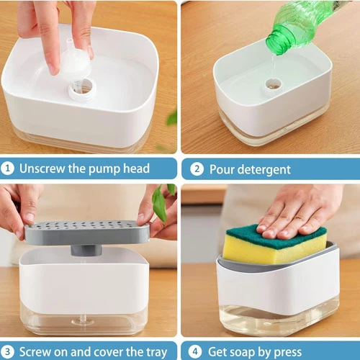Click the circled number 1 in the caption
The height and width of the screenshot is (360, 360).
click(x=7, y=168)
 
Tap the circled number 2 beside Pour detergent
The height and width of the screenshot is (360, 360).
click(x=197, y=169)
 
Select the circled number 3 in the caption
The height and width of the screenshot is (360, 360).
click(x=7, y=352)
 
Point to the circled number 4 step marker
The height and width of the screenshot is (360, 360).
click(x=195, y=352)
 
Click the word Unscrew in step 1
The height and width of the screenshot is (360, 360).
click(x=42, y=168)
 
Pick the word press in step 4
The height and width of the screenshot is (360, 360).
click(x=288, y=353)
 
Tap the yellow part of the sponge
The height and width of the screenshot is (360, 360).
click(x=271, y=250)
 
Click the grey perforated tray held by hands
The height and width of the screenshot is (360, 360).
click(x=87, y=233)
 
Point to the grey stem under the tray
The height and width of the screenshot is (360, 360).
click(x=86, y=250)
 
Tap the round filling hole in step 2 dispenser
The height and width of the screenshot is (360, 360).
click(x=273, y=84)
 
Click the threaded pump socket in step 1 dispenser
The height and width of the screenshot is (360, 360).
click(x=82, y=89)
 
